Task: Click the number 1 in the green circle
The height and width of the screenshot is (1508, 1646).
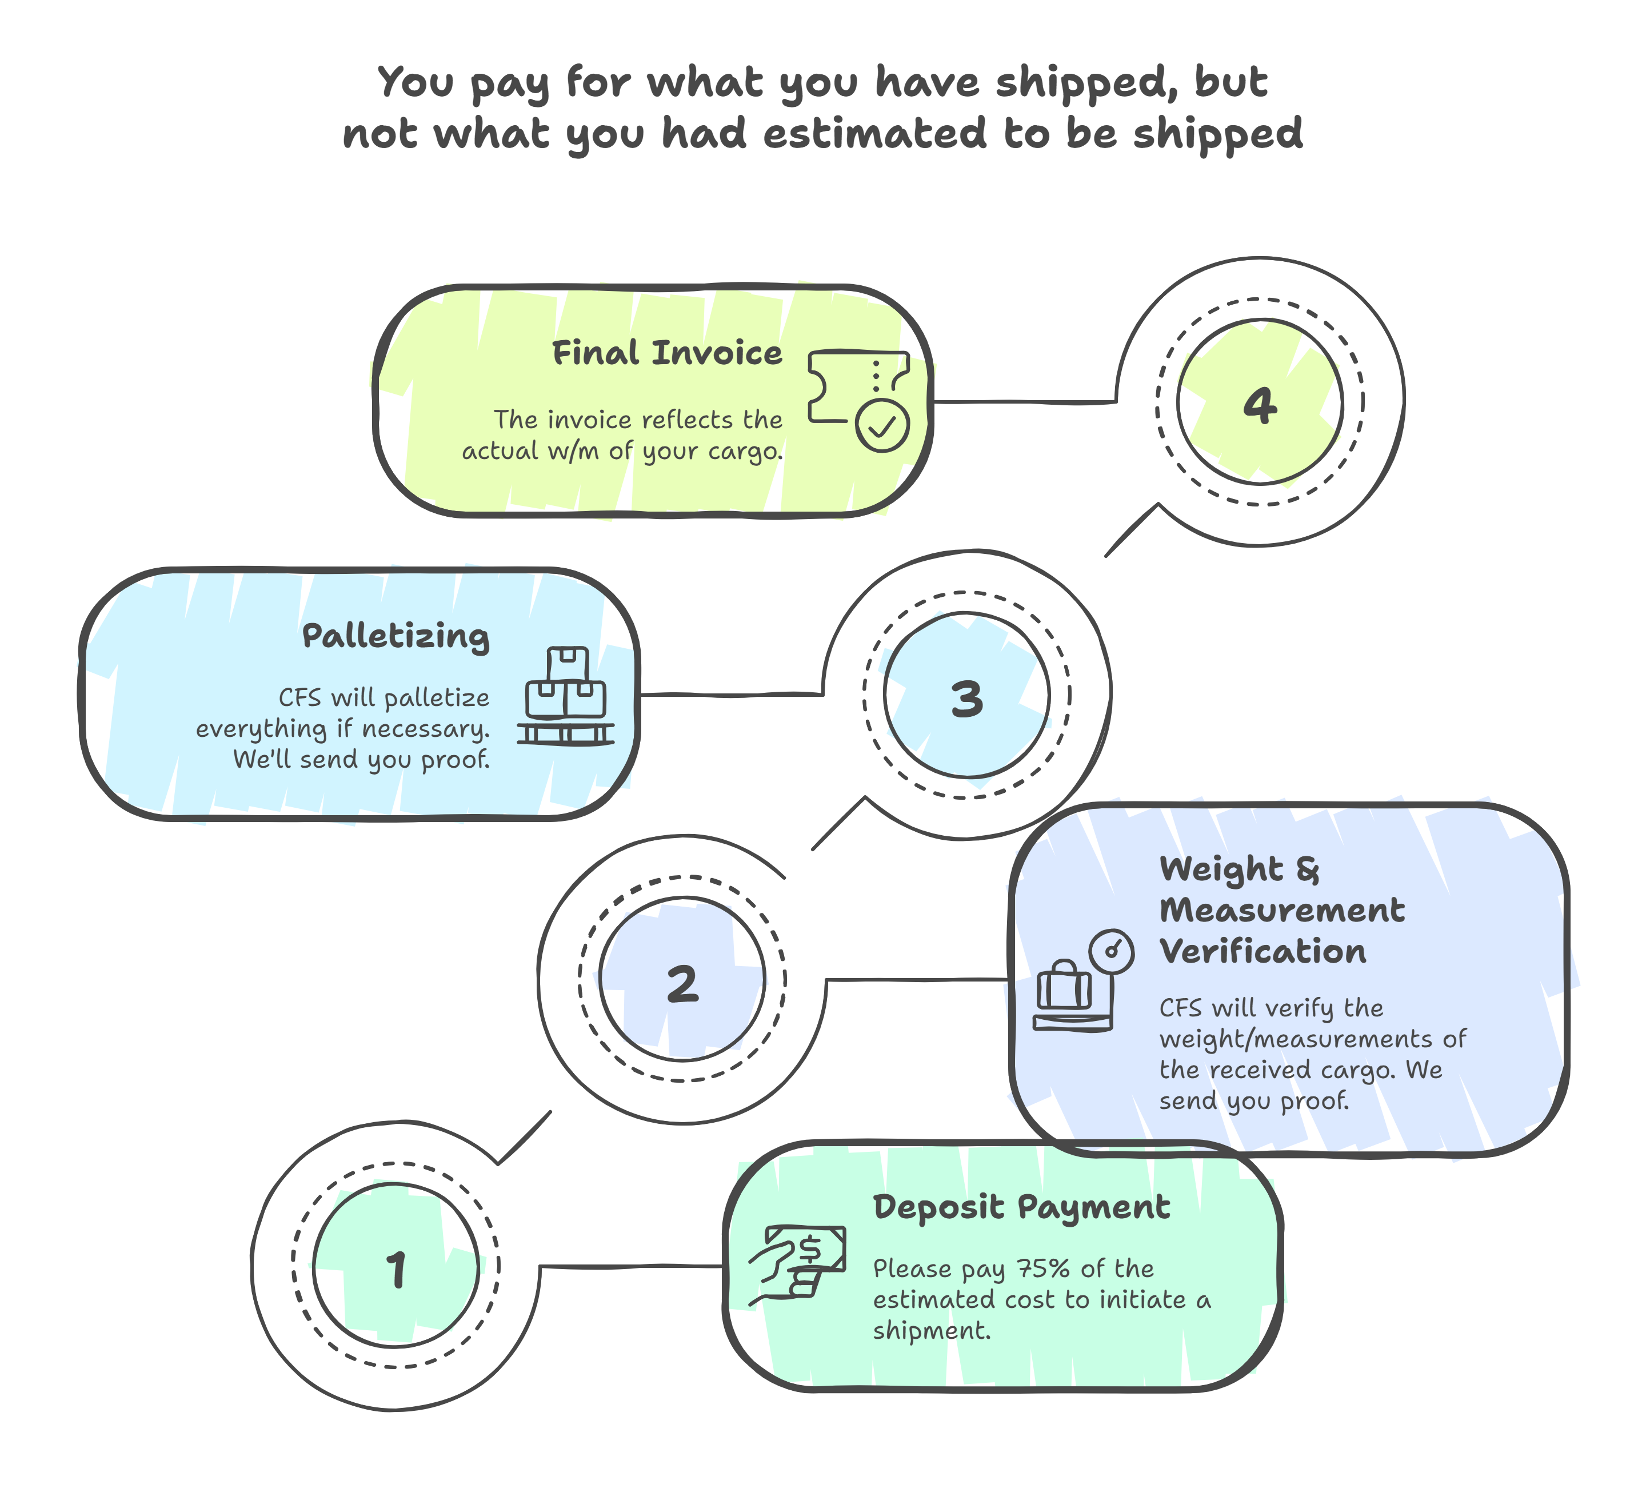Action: [397, 1270]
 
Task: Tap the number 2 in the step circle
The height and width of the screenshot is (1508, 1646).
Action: [682, 983]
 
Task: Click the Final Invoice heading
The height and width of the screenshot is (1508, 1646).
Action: [667, 353]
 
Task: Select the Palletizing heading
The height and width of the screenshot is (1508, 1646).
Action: [396, 637]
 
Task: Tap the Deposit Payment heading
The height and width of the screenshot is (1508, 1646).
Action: [1021, 1207]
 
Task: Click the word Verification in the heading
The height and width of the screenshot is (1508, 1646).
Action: [1263, 952]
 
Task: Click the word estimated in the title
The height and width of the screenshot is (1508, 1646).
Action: [874, 134]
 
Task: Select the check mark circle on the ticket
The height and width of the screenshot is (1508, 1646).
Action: [882, 425]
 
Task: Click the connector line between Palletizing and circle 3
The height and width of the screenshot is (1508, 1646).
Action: [731, 695]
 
